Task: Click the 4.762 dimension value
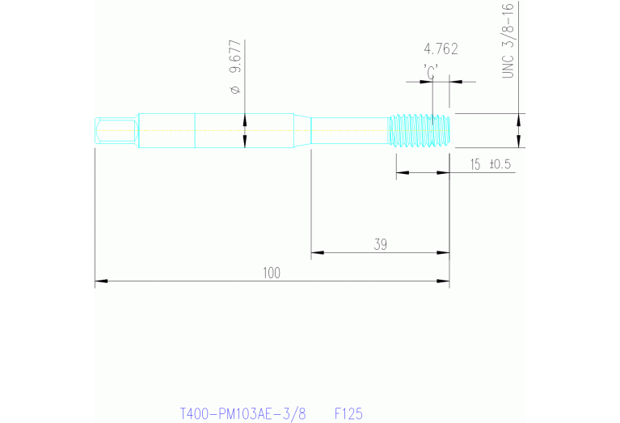coord(441,49)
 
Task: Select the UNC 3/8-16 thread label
coord(508,40)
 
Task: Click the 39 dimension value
coord(380,244)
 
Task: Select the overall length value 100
coord(272,273)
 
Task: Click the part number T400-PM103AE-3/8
coord(243,413)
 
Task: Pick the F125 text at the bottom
coord(348,413)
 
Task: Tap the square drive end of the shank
coord(114,130)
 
